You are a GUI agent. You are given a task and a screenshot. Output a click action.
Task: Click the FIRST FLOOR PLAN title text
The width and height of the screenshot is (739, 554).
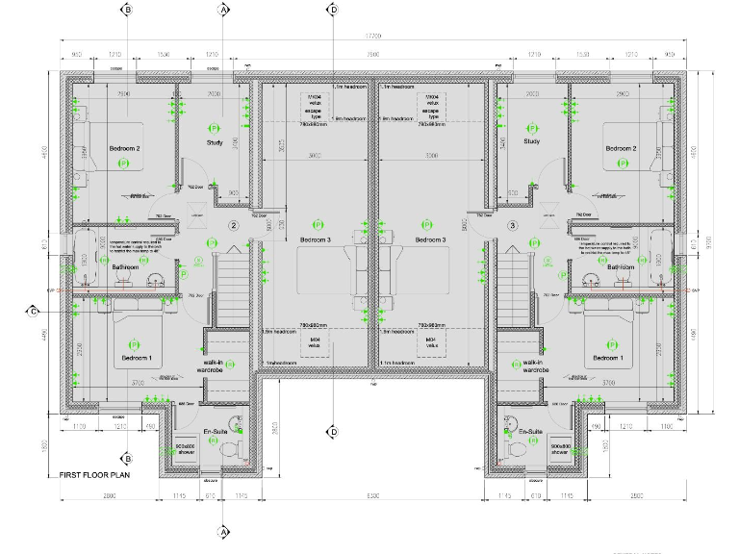pyautogui.click(x=94, y=475)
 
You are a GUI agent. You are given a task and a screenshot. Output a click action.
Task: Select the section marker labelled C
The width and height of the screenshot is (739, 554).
pyautogui.click(x=33, y=311)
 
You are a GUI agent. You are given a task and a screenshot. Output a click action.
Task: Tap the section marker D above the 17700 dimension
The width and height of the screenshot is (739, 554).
pyautogui.click(x=333, y=10)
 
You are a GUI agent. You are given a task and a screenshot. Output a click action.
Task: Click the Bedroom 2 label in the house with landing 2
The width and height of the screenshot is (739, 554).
pyautogui.click(x=124, y=148)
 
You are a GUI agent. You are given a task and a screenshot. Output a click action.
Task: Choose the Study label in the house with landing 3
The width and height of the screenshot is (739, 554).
pyautogui.click(x=531, y=142)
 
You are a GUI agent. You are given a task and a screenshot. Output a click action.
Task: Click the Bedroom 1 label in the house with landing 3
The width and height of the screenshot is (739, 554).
pyautogui.click(x=608, y=358)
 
